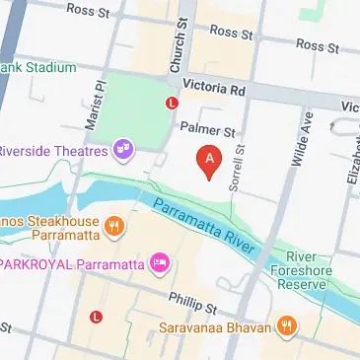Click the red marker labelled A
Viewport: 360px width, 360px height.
point(208,161)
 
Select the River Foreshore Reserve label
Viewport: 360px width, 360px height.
point(331,269)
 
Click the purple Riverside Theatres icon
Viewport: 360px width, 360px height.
point(123,150)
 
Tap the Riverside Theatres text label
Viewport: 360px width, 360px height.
point(54,151)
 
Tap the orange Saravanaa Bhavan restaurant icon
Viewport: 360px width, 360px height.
point(287,325)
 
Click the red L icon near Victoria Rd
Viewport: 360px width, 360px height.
point(173,102)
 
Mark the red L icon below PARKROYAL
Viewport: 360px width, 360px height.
point(96,317)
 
